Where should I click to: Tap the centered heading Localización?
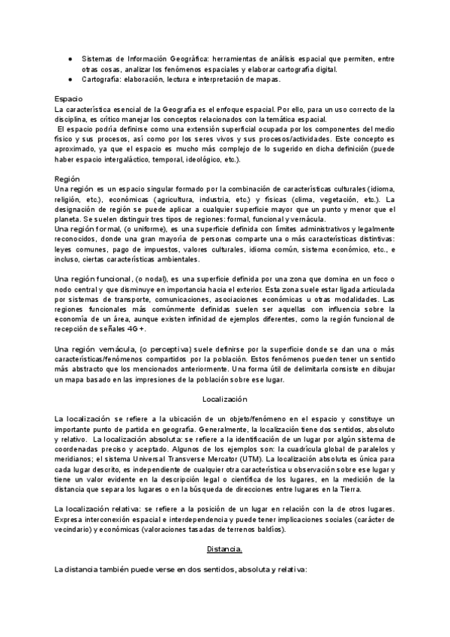pyautogui.click(x=225, y=400)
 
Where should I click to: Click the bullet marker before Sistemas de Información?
pyautogui.click(x=69, y=58)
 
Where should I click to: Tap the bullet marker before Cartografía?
pyautogui.click(x=69, y=79)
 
